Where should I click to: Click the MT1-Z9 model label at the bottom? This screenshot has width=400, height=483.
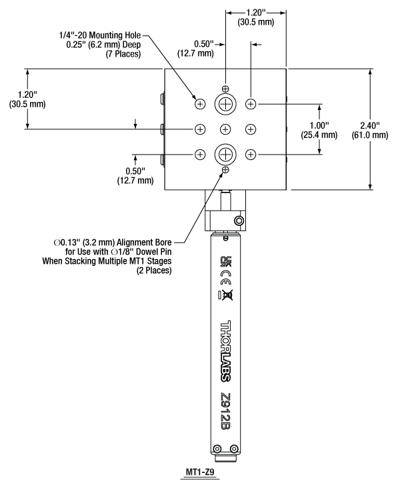200,472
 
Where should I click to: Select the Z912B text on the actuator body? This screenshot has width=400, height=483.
226,412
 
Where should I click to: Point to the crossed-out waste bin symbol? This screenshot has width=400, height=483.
226,295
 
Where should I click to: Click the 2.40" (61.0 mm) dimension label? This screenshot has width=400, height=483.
370,130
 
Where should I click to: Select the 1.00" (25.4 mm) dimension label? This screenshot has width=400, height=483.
319,130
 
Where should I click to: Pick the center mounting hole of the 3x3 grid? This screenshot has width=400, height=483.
225,129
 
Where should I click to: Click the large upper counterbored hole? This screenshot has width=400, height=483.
225,104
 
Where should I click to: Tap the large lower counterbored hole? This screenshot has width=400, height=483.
225,155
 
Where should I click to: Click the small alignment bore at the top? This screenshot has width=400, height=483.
225,89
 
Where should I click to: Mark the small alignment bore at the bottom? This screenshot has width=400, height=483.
225,169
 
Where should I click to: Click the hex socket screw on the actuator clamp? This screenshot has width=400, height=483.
239,221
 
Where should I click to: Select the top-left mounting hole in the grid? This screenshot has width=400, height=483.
200,104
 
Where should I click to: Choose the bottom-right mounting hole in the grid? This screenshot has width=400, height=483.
251,155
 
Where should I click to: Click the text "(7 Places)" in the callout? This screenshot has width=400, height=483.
123,54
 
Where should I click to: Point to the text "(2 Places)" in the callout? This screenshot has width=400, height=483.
154,270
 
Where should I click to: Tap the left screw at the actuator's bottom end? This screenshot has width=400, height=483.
217,448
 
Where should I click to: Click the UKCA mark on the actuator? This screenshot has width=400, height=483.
226,262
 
